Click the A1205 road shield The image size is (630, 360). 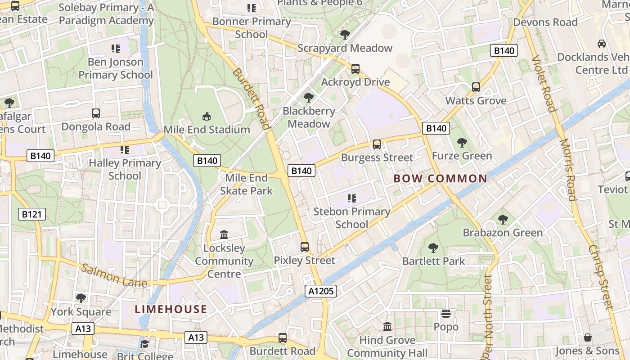[321, 291]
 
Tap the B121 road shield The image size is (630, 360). [32, 214]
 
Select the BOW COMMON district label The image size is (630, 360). [440, 179]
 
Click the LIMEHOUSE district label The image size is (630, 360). [171, 309]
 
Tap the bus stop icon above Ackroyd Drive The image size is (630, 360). [355, 69]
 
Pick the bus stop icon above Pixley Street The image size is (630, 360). [305, 247]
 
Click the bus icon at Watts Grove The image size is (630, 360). [476, 87]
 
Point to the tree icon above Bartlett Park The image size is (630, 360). [433, 247]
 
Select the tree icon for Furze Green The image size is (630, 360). [462, 143]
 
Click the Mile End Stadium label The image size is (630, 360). [207, 130]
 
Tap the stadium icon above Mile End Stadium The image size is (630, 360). [206, 117]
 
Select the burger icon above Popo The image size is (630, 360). [446, 314]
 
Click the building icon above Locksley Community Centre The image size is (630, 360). [224, 234]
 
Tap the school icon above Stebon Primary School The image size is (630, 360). [351, 198]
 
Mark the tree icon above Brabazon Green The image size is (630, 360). [503, 220]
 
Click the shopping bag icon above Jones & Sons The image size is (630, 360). [587, 337]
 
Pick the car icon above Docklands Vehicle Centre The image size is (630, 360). [601, 44]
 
